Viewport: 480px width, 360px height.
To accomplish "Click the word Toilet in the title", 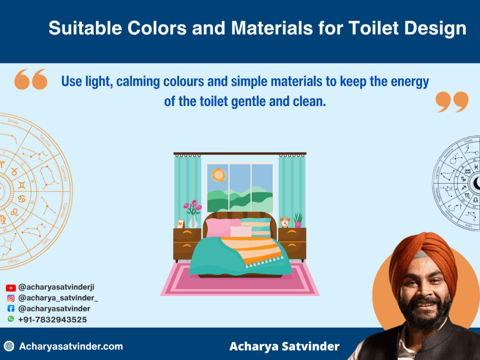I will point(372,29).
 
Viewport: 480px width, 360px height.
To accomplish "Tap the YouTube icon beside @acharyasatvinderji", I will point(10,288).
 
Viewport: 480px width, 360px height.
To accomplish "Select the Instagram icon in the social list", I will point(10,298).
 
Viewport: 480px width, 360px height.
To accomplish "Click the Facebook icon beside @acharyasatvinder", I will point(10,309).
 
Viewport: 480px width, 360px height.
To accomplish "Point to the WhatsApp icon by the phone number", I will point(10,319).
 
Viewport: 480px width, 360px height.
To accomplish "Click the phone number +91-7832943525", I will point(52,320).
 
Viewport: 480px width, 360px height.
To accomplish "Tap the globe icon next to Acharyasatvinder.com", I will point(9,347).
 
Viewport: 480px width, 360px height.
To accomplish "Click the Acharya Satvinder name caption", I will point(284,347).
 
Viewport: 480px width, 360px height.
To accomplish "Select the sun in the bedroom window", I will point(218,175).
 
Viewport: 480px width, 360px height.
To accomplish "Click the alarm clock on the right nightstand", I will point(285,222).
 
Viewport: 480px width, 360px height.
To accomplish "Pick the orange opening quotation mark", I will point(31,79).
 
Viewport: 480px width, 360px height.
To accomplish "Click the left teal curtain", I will point(187,187).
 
